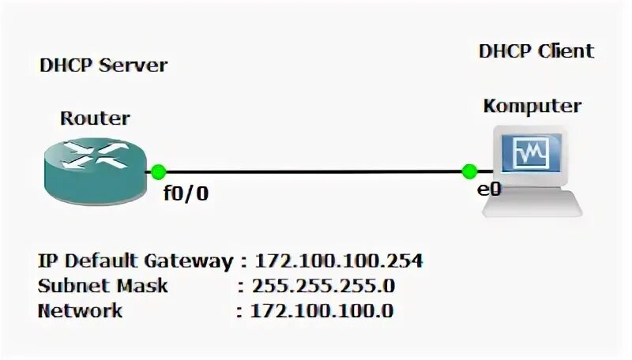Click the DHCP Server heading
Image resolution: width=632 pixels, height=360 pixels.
click(103, 65)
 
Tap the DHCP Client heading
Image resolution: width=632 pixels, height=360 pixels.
click(536, 52)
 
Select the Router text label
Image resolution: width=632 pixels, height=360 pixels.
click(95, 119)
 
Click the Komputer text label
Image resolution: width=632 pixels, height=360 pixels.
click(532, 106)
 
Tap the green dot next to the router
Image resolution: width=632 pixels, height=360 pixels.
click(158, 171)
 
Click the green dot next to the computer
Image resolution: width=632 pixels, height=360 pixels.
click(469, 171)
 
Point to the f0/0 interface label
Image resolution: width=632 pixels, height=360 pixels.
click(186, 193)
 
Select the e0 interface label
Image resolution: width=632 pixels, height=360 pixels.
click(489, 189)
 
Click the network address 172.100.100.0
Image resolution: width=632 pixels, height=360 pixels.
click(322, 310)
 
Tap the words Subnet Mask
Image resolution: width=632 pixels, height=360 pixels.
click(103, 285)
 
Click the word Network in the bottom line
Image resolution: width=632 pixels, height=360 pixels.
click(80, 310)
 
